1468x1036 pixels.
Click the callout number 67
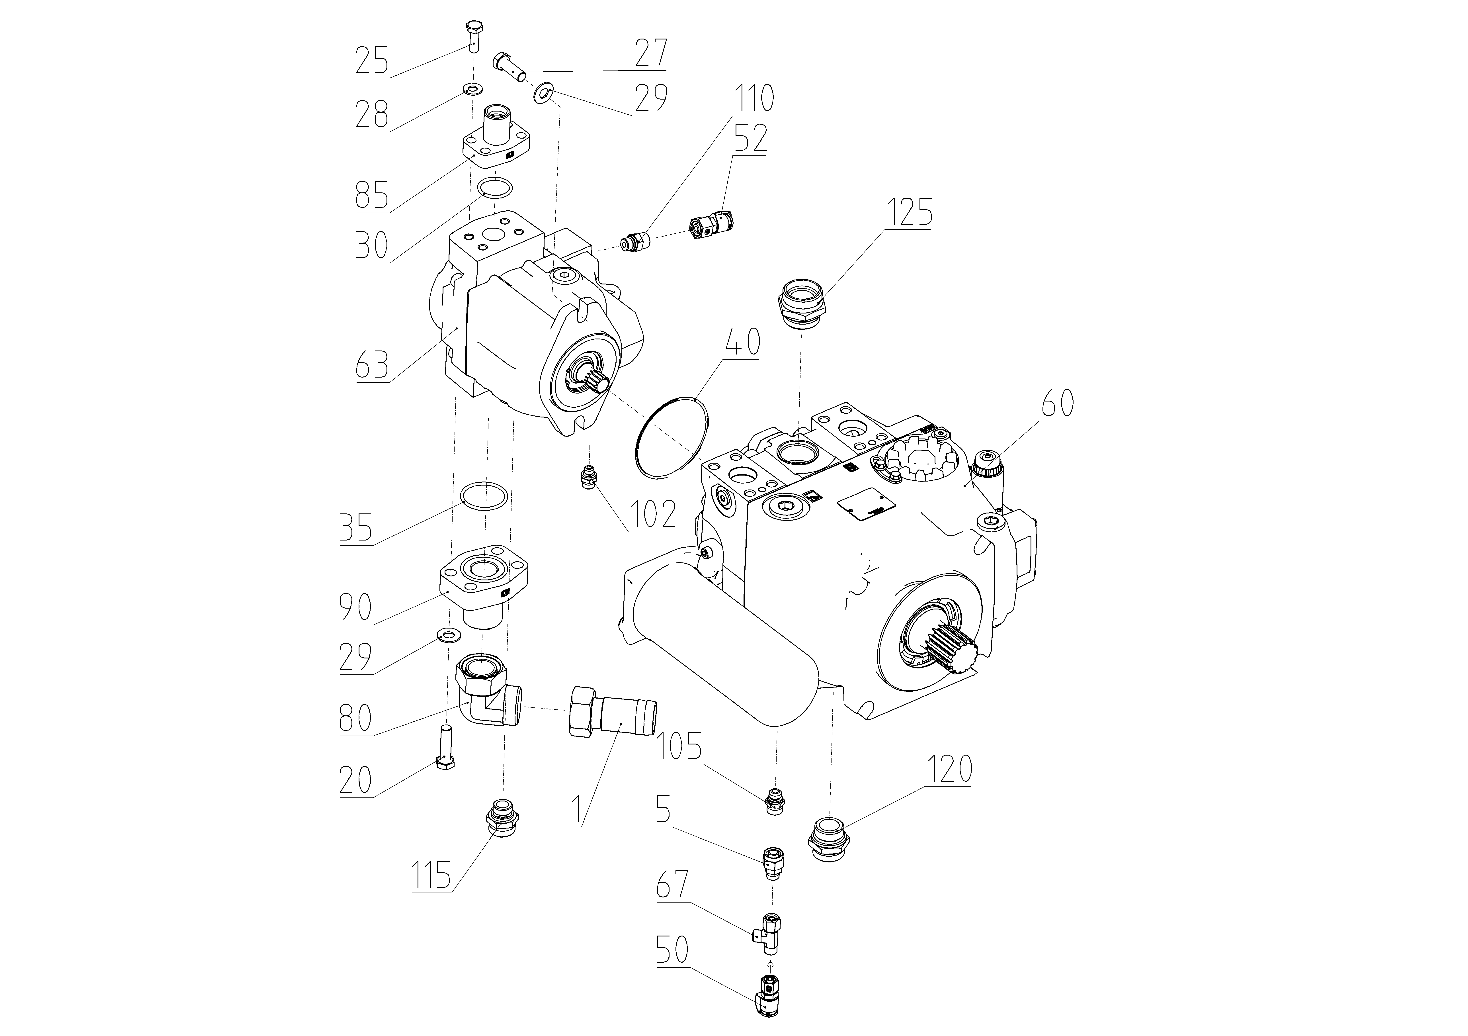673,884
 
